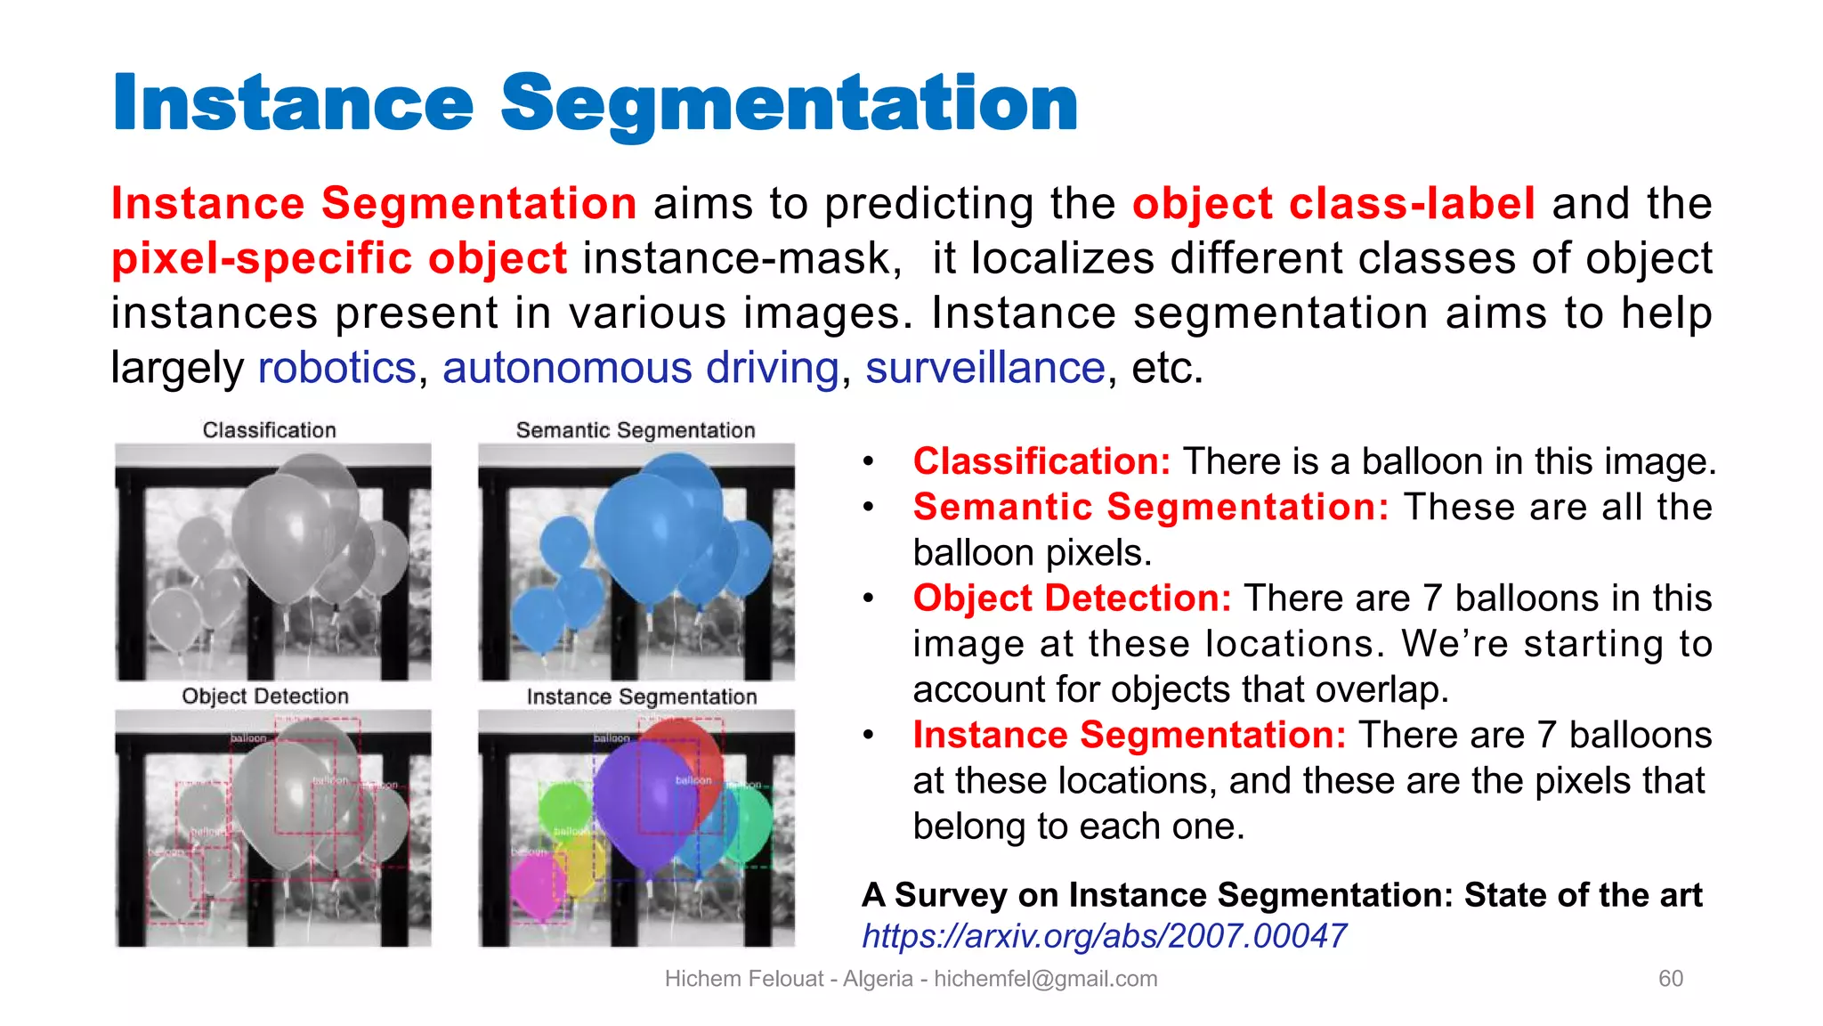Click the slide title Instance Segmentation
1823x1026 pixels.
595,103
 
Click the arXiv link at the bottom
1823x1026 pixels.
1104,936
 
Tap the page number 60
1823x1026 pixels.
1670,979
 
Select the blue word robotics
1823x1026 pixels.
336,368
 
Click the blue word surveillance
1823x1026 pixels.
984,368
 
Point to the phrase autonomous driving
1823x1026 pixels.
641,368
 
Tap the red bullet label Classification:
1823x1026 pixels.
1041,461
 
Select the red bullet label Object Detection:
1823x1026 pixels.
1072,598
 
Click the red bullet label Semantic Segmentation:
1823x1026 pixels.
1150,507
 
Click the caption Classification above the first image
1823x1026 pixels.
269,430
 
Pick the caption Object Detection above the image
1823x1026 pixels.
265,696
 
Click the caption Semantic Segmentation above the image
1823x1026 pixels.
636,430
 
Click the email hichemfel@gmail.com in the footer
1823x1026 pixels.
1045,979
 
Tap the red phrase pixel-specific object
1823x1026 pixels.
338,259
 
